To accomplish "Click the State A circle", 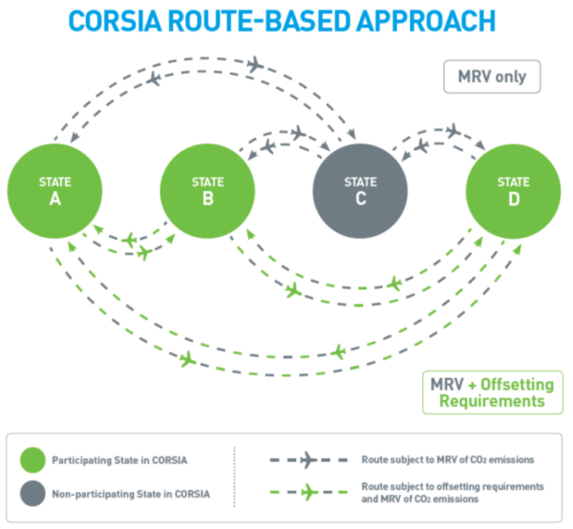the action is [54, 191].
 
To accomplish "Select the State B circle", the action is [207, 191].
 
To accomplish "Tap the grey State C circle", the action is [360, 191].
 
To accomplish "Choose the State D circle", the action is [514, 191].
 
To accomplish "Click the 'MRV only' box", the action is [492, 76].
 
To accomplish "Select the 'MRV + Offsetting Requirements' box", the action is [493, 392].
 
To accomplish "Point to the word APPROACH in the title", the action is [426, 21].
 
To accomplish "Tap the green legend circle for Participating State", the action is [32, 460].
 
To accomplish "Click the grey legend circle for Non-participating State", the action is [32, 494].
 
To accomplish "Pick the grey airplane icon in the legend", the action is [308, 460].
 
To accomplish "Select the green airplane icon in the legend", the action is [309, 492].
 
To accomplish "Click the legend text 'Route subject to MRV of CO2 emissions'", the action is [448, 459].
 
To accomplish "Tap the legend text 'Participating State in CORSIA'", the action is [119, 460].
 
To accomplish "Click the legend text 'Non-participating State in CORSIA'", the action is [131, 494].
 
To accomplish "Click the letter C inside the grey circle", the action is [361, 199].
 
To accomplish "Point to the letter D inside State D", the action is [514, 200].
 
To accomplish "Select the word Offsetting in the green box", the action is [517, 384].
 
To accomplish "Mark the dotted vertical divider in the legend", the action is [235, 476].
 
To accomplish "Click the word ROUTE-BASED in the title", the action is [259, 21].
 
